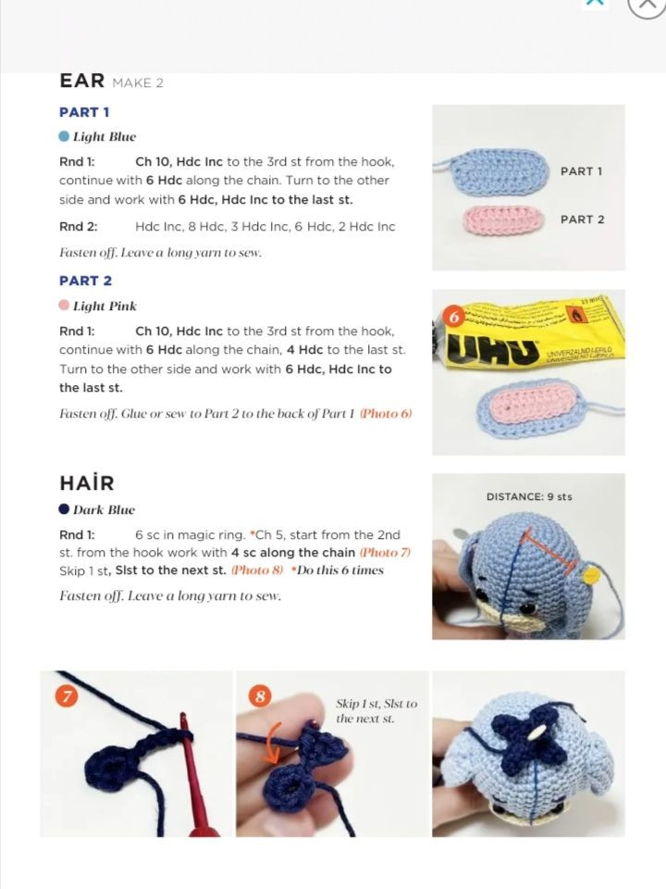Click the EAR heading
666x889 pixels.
(x=82, y=81)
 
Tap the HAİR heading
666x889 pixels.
(x=87, y=483)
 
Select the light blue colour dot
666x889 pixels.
(x=64, y=136)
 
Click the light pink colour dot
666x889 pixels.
(x=64, y=305)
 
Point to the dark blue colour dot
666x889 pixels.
(x=64, y=508)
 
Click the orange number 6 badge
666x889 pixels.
(x=453, y=318)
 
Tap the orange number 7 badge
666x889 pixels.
(x=67, y=696)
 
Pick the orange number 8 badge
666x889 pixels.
(x=261, y=696)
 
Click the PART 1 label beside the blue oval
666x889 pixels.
(x=582, y=171)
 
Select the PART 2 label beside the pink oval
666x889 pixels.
(x=582, y=219)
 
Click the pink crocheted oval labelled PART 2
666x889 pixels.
(x=503, y=219)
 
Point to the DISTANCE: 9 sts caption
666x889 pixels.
(x=529, y=496)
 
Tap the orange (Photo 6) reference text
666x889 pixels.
(x=387, y=413)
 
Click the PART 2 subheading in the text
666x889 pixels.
(x=85, y=281)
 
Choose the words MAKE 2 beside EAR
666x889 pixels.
(x=138, y=82)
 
